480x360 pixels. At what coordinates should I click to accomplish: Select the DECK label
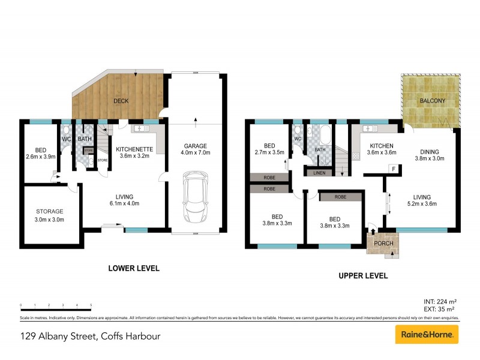121,101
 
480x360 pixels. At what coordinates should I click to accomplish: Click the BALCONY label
432,101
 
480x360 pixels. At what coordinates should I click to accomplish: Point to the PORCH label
383,243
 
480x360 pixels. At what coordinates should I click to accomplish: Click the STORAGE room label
49,215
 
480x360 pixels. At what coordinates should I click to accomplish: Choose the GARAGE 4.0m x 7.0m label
197,149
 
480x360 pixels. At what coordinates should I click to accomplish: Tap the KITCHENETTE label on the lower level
134,152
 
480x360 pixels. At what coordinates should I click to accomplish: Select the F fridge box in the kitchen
392,169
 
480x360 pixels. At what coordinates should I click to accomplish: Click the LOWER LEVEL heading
133,268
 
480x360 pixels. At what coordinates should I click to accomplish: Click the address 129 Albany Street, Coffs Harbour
90,336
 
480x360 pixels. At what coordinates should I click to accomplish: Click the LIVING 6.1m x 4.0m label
124,200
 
